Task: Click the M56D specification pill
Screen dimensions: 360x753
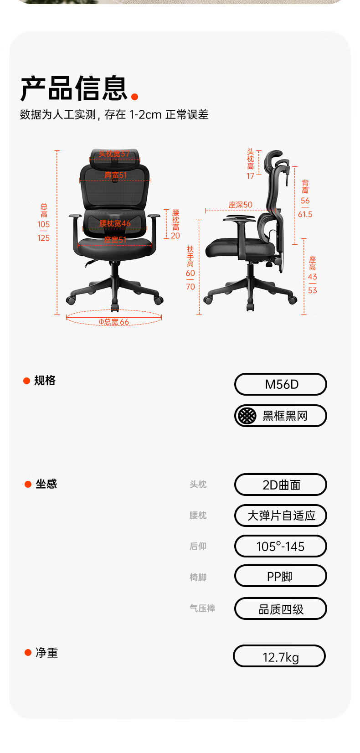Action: tap(281, 384)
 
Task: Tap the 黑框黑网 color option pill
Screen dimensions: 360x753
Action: tap(281, 416)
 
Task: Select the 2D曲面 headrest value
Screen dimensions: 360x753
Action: tap(281, 485)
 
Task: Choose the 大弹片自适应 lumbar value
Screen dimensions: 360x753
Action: tap(281, 516)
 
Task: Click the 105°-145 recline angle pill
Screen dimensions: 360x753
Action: tap(281, 546)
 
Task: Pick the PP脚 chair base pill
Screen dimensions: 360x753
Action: tap(281, 576)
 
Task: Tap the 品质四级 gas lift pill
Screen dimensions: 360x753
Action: tap(281, 609)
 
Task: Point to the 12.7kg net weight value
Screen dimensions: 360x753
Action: tap(280, 656)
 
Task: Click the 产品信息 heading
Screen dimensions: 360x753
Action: tap(74, 88)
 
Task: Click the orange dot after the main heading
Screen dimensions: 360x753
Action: tap(134, 97)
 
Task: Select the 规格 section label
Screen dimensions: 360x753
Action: tap(45, 381)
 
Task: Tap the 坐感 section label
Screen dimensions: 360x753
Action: tap(46, 484)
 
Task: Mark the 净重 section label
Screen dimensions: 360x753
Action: tap(46, 653)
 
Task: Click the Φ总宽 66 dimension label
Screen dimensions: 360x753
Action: tap(114, 322)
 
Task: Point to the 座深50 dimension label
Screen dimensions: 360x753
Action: tap(240, 205)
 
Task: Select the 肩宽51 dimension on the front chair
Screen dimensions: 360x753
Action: tap(115, 175)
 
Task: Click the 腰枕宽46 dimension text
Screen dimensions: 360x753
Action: tap(115, 223)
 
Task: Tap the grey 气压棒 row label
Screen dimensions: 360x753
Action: tap(202, 609)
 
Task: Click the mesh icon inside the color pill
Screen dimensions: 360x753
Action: tap(247, 416)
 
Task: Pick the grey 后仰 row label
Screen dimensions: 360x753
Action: tap(198, 546)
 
